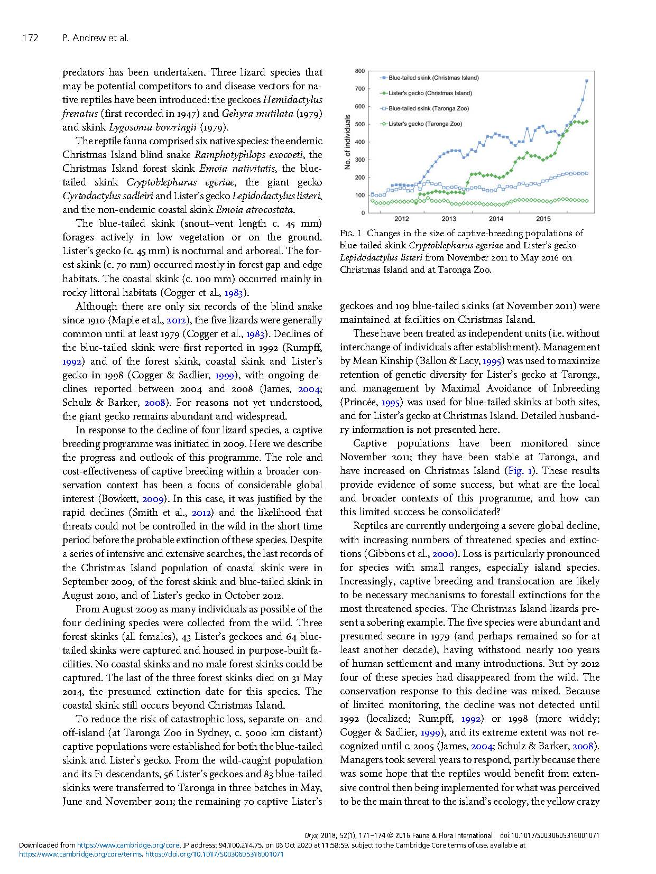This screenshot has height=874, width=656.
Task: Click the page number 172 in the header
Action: pos(31,38)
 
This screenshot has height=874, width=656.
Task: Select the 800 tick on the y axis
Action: pos(359,71)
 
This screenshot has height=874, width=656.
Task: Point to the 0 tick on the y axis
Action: pos(363,213)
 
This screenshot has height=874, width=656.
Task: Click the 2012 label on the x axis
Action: pos(401,219)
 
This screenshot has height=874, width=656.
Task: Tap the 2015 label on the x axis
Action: pos(543,219)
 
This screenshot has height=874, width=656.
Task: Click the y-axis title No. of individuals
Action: pos(347,142)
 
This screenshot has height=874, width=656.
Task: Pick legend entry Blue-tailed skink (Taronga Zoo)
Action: pos(426,108)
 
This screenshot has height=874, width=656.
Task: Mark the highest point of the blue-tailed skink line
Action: pos(587,81)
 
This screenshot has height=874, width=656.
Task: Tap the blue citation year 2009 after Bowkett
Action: pos(153,499)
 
